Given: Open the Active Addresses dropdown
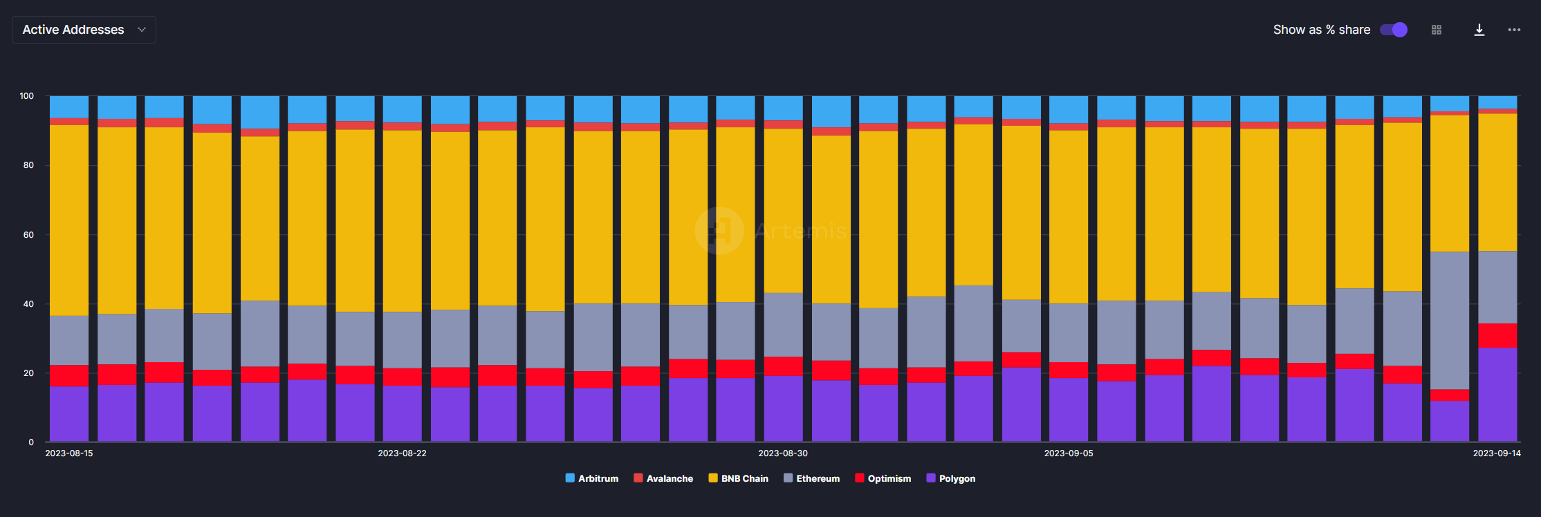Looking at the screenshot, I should click(84, 30).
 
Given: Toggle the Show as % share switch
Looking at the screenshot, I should click(1393, 30).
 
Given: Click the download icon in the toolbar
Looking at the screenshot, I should click(1479, 30).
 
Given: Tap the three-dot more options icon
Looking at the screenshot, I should click(1514, 30).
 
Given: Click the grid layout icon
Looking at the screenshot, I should click(1437, 30).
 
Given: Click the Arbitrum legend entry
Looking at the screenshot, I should click(592, 478).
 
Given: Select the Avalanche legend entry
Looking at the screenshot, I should click(663, 478).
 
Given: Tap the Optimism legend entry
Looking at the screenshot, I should click(883, 478).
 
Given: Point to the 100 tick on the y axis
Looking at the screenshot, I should click(27, 96).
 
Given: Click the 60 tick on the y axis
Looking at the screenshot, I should click(28, 235).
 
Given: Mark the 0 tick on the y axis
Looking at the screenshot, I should click(31, 442).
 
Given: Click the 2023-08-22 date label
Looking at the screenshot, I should click(402, 453).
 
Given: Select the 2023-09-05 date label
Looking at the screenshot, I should click(1069, 453).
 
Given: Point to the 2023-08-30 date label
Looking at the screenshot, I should click(783, 453).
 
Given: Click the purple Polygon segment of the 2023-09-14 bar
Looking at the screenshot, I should click(1497, 394).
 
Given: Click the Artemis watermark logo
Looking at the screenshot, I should click(720, 230).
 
